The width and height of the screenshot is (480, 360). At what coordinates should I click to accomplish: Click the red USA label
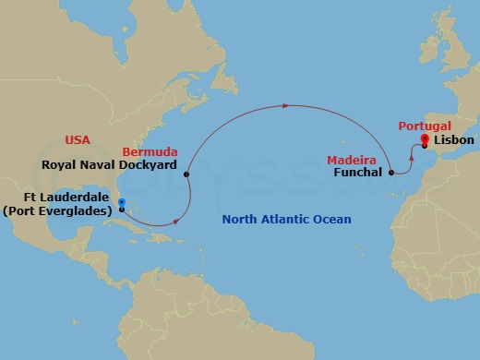pyautogui.click(x=78, y=140)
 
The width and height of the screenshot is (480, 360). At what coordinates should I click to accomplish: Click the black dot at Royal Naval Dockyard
pyautogui.click(x=187, y=174)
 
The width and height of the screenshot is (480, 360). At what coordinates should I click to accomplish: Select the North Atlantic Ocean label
pyautogui.click(x=287, y=220)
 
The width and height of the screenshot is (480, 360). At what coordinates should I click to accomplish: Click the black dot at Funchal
pyautogui.click(x=392, y=172)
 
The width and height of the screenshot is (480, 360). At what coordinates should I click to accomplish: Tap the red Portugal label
pyautogui.click(x=425, y=126)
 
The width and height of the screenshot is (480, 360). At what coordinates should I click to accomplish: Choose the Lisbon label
pyautogui.click(x=454, y=140)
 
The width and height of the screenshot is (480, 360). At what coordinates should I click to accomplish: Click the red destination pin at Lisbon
pyautogui.click(x=425, y=140)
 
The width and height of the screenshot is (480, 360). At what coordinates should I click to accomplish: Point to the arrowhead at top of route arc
pyautogui.click(x=285, y=105)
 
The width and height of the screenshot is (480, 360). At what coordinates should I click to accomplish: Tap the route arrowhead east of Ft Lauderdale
pyautogui.click(x=174, y=222)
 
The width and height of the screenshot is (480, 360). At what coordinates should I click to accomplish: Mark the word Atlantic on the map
pyautogui.click(x=286, y=220)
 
